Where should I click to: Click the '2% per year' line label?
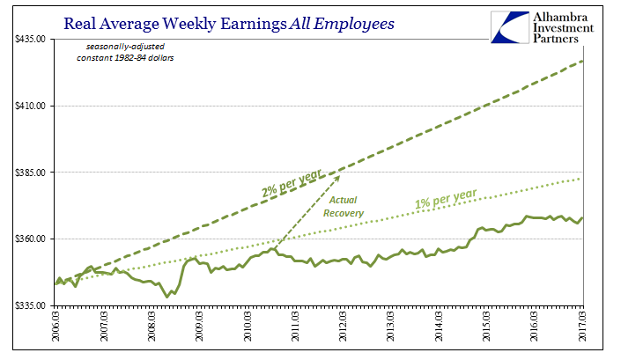click(x=292, y=180)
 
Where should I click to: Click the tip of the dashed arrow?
click(x=340, y=175)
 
